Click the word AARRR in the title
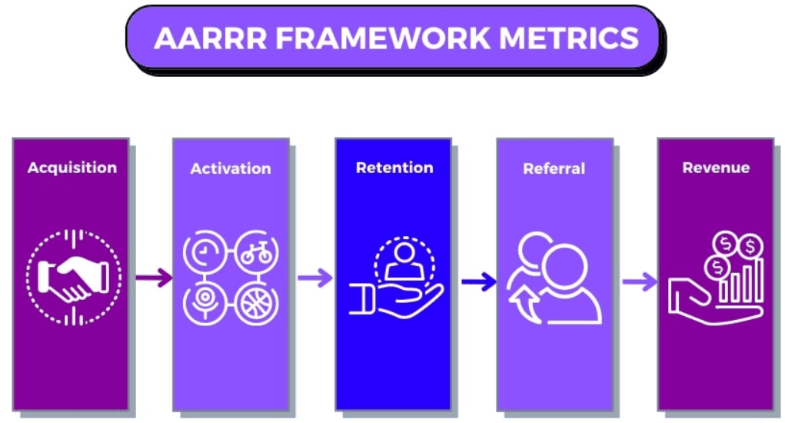click(x=211, y=38)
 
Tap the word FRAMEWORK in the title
click(x=383, y=38)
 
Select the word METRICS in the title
click(x=569, y=38)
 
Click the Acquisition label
click(x=72, y=168)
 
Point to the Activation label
click(x=231, y=168)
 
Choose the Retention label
click(x=394, y=167)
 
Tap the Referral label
click(x=554, y=168)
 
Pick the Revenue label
click(x=716, y=167)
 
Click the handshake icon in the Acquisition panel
click(x=74, y=278)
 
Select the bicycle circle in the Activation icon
click(x=256, y=251)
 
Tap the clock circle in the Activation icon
click(x=205, y=251)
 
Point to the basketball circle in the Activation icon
click(x=256, y=303)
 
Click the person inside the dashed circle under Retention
click(x=404, y=261)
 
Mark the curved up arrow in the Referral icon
click(x=524, y=305)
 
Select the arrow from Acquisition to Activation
click(x=154, y=278)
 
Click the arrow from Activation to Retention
click(x=315, y=278)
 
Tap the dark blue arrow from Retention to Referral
click(x=478, y=281)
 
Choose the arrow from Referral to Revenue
click(x=640, y=281)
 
